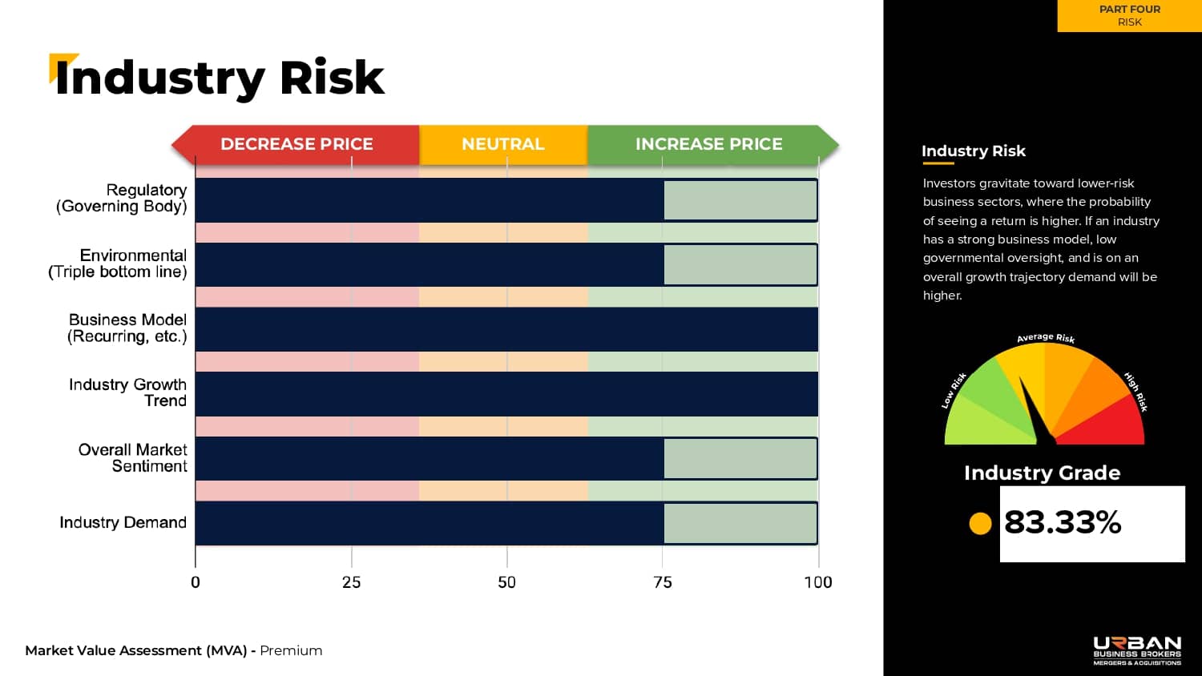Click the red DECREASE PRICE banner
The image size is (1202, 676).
click(296, 144)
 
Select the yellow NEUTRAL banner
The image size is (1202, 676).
click(503, 144)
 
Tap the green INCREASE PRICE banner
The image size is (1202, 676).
click(709, 144)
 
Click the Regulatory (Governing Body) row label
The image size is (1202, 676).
click(122, 198)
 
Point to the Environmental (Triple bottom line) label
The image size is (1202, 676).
click(119, 264)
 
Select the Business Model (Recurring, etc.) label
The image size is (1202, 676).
click(127, 328)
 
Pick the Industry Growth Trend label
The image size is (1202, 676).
click(128, 392)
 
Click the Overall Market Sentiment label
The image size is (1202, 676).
click(133, 458)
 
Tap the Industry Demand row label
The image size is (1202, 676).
click(123, 522)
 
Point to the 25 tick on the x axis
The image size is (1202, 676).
click(351, 582)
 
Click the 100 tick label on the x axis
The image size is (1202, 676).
click(818, 582)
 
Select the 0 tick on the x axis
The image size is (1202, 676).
click(196, 582)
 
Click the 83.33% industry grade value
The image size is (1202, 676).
click(1063, 522)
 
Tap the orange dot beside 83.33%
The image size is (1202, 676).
click(980, 523)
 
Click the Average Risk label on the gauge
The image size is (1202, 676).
click(1046, 338)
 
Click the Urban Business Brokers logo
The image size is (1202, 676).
click(1137, 650)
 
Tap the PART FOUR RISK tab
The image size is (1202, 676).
click(1129, 15)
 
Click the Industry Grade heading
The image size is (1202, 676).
click(1042, 473)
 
